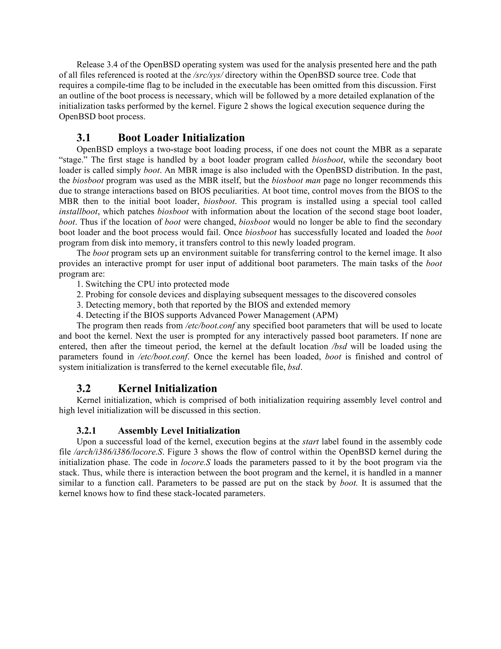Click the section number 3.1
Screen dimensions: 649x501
coord(83,138)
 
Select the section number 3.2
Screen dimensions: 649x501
coord(83,389)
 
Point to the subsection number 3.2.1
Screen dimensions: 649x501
coord(86,431)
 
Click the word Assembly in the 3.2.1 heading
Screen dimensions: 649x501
coord(136,431)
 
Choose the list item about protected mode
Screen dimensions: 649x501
coord(153,284)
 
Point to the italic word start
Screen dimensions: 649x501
coord(310,442)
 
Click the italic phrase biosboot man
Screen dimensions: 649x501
coord(296,181)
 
